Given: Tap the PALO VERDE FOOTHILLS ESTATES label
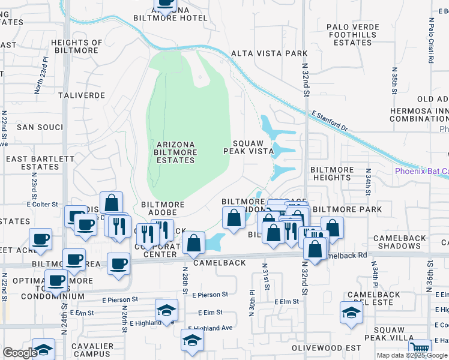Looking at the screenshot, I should [353, 35].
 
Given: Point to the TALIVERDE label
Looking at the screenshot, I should [82, 95].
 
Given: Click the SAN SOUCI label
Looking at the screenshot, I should [40, 127].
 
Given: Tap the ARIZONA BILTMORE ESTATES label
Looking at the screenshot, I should [176, 153].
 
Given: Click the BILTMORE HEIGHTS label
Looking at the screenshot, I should [331, 174].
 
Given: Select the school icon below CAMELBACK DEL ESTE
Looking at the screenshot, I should [351, 312].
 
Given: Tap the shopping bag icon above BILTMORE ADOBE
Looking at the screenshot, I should [112, 202].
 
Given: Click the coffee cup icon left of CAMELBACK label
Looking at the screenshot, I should [118, 263].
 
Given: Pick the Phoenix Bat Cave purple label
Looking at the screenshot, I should [421, 172].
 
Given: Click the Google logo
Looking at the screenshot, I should [20, 353].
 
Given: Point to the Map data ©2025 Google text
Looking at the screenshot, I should [412, 355].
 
